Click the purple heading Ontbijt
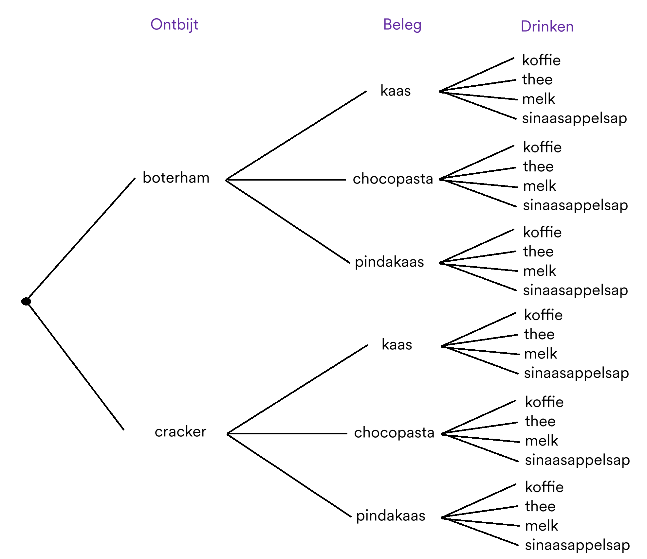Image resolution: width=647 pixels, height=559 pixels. [174, 25]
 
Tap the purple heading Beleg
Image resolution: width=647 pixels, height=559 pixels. [402, 25]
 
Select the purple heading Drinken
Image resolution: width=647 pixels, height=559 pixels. [547, 26]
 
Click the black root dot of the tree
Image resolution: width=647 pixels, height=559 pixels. [26, 301]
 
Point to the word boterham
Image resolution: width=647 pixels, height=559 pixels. [176, 178]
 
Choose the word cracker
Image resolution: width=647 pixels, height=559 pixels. [180, 432]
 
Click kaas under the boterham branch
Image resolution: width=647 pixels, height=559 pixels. [396, 91]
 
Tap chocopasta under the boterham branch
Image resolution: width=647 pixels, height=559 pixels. [393, 179]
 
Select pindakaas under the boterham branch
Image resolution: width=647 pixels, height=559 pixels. [389, 262]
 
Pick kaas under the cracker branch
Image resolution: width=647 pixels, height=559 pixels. [397, 344]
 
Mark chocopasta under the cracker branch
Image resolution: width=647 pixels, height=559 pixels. [394, 433]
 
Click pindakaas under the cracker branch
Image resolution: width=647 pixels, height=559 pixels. [391, 516]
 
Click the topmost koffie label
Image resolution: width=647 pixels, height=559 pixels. [541, 60]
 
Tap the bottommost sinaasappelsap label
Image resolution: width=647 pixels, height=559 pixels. [577, 545]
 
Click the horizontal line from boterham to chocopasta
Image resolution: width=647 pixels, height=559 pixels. [286, 180]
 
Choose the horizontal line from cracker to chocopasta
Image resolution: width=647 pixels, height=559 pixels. [287, 433]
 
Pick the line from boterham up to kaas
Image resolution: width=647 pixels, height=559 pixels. [296, 135]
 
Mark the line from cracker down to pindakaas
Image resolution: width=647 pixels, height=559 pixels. [289, 475]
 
